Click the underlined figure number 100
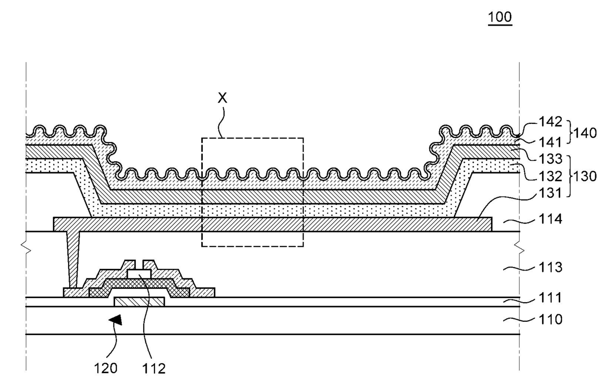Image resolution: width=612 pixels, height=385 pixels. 499,17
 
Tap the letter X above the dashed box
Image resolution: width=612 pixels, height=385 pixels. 223,98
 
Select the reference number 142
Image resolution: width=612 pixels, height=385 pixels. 550,122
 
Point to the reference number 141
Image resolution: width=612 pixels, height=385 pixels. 550,142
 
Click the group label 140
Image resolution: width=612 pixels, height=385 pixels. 585,133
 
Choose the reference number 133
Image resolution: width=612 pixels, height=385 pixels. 550,159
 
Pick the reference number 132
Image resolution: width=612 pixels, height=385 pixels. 550,176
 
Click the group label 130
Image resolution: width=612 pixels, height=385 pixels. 585,176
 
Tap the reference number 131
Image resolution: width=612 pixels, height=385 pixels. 550,193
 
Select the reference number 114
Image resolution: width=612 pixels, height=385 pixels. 550,219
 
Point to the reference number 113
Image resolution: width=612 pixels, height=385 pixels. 550,267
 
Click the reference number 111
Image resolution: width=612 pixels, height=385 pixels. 550,298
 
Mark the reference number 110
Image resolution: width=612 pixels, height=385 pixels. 550,319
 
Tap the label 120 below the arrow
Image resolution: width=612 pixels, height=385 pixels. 106,368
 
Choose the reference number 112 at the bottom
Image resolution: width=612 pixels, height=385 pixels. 154,368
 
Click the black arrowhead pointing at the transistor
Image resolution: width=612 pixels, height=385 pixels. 116,320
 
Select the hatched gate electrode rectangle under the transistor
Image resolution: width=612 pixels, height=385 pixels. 139,302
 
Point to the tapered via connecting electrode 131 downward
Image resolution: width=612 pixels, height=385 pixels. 73,260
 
